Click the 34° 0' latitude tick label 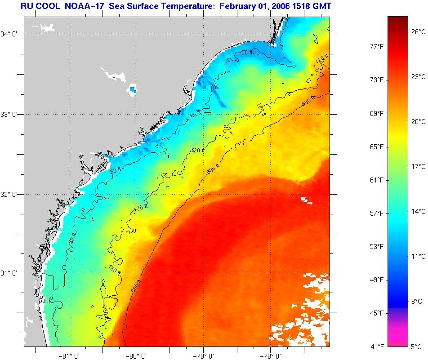click(x=9, y=34)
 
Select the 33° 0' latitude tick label click(x=9, y=114)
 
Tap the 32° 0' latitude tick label click(x=9, y=194)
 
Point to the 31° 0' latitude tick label click(x=9, y=273)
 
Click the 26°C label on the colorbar click(x=418, y=31)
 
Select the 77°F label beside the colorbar click(x=377, y=46)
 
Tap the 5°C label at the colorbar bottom click(x=416, y=347)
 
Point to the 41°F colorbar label click(x=377, y=347)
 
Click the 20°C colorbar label click(x=418, y=121)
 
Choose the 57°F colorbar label click(x=377, y=213)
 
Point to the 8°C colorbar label click(x=416, y=301)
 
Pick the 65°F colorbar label click(x=377, y=147)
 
